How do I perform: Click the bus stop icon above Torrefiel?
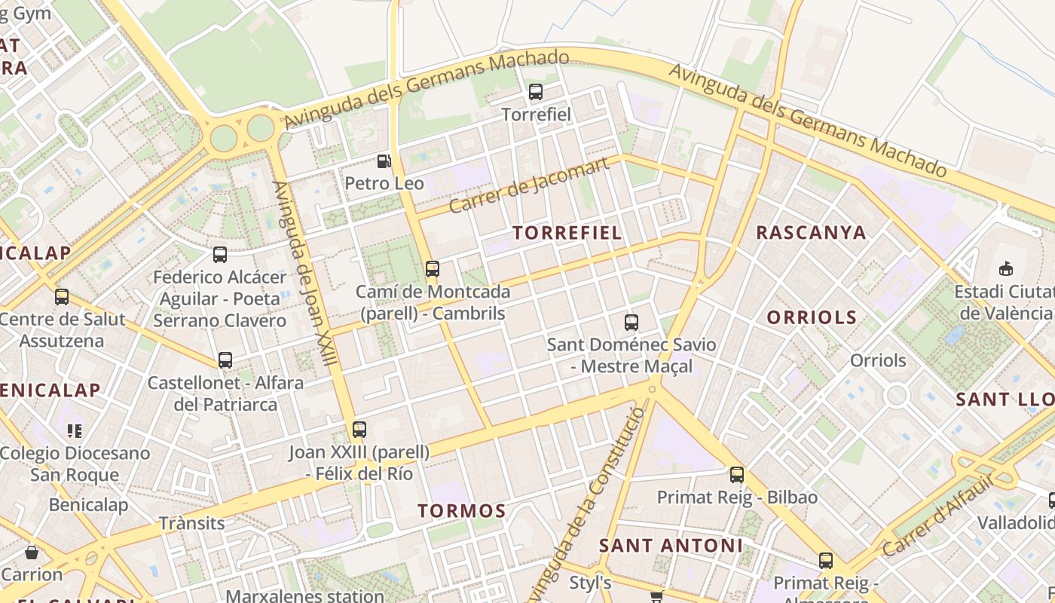pyautogui.click(x=536, y=93)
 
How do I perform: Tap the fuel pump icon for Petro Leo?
pyautogui.click(x=384, y=161)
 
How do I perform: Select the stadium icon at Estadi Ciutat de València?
pyautogui.click(x=1005, y=269)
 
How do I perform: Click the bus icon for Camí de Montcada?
pyautogui.click(x=432, y=269)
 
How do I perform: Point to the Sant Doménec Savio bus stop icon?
pyautogui.click(x=631, y=323)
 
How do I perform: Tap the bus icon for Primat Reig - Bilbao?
pyautogui.click(x=736, y=475)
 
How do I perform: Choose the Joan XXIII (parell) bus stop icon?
pyautogui.click(x=359, y=430)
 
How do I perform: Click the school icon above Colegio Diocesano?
pyautogui.click(x=74, y=431)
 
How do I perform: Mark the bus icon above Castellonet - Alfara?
pyautogui.click(x=225, y=360)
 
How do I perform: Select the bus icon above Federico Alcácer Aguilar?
pyautogui.click(x=220, y=255)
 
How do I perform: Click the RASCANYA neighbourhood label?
pyautogui.click(x=811, y=232)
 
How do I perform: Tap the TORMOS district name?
pyautogui.click(x=462, y=511)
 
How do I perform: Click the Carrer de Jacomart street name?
pyautogui.click(x=528, y=185)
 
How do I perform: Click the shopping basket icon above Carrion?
pyautogui.click(x=32, y=552)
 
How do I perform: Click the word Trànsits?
pyautogui.click(x=191, y=523)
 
